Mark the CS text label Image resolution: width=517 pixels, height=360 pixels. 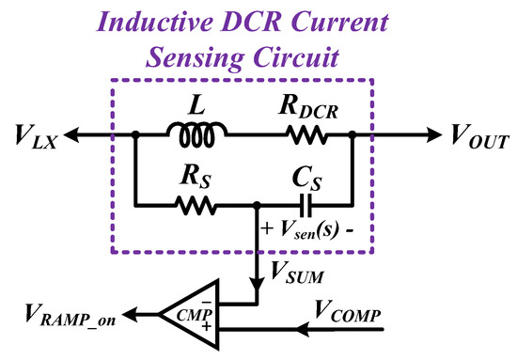[302, 174]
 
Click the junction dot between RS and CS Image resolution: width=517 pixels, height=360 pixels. [257, 203]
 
